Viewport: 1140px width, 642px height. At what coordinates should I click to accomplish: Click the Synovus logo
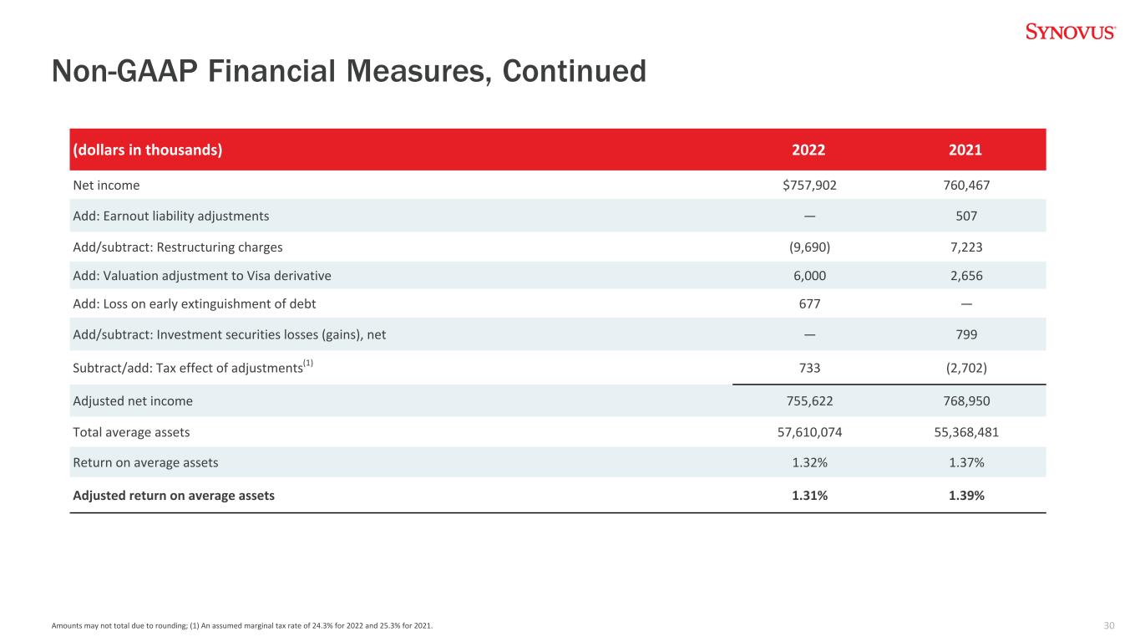1071,32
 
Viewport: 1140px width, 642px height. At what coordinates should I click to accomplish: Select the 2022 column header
808,150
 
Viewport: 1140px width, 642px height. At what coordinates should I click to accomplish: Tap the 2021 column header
965,150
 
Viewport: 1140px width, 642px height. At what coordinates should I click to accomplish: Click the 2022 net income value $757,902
809,185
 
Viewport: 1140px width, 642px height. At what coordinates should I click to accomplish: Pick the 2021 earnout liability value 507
966,216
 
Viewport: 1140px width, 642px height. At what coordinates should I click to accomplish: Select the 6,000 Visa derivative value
809,276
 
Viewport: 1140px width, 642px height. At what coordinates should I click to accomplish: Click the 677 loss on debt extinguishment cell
809,303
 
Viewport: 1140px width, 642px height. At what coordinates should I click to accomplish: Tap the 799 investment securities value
966,334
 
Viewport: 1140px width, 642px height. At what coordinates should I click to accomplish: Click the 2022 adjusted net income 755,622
809,401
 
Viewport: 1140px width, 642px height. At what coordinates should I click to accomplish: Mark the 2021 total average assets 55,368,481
966,432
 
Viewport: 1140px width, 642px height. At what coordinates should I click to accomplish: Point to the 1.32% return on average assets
809,462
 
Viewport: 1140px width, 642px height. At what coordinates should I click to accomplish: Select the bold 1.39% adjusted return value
966,495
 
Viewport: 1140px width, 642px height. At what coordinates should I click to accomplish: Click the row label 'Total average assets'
131,432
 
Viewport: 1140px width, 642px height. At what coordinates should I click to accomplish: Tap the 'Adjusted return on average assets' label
174,495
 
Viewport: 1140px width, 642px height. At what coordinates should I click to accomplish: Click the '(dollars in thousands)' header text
148,150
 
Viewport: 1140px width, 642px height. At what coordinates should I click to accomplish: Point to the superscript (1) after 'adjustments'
308,363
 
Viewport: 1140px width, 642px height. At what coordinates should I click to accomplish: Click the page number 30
1109,625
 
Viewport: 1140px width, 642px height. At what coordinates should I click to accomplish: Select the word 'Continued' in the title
574,71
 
